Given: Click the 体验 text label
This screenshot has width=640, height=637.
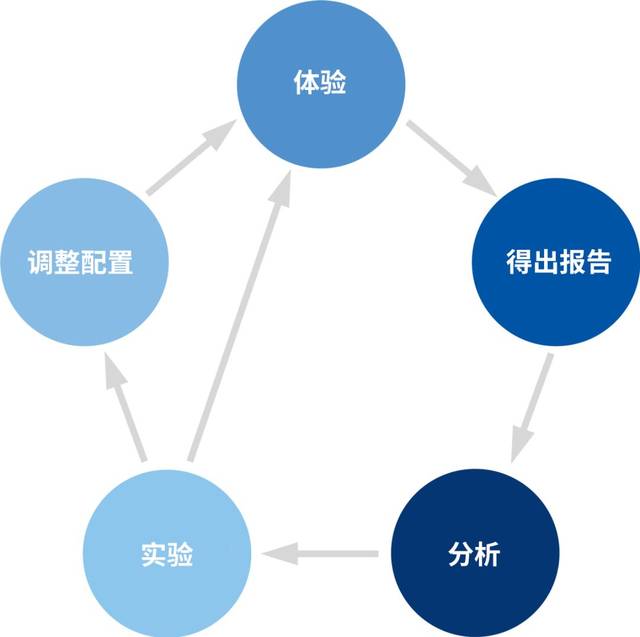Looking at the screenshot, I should click(320, 82).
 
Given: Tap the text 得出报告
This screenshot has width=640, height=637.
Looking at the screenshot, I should click(557, 263).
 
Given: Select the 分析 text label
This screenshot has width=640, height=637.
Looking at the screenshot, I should click(472, 553).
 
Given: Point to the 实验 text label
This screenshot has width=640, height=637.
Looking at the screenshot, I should click(167, 553).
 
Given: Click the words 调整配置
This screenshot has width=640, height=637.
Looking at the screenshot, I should click(80, 264).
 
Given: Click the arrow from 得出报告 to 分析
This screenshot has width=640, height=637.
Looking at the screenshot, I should click(534, 405).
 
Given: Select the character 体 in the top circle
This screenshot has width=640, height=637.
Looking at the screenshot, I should click(306, 82).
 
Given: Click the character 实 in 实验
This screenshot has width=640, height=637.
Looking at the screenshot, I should click(153, 553).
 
